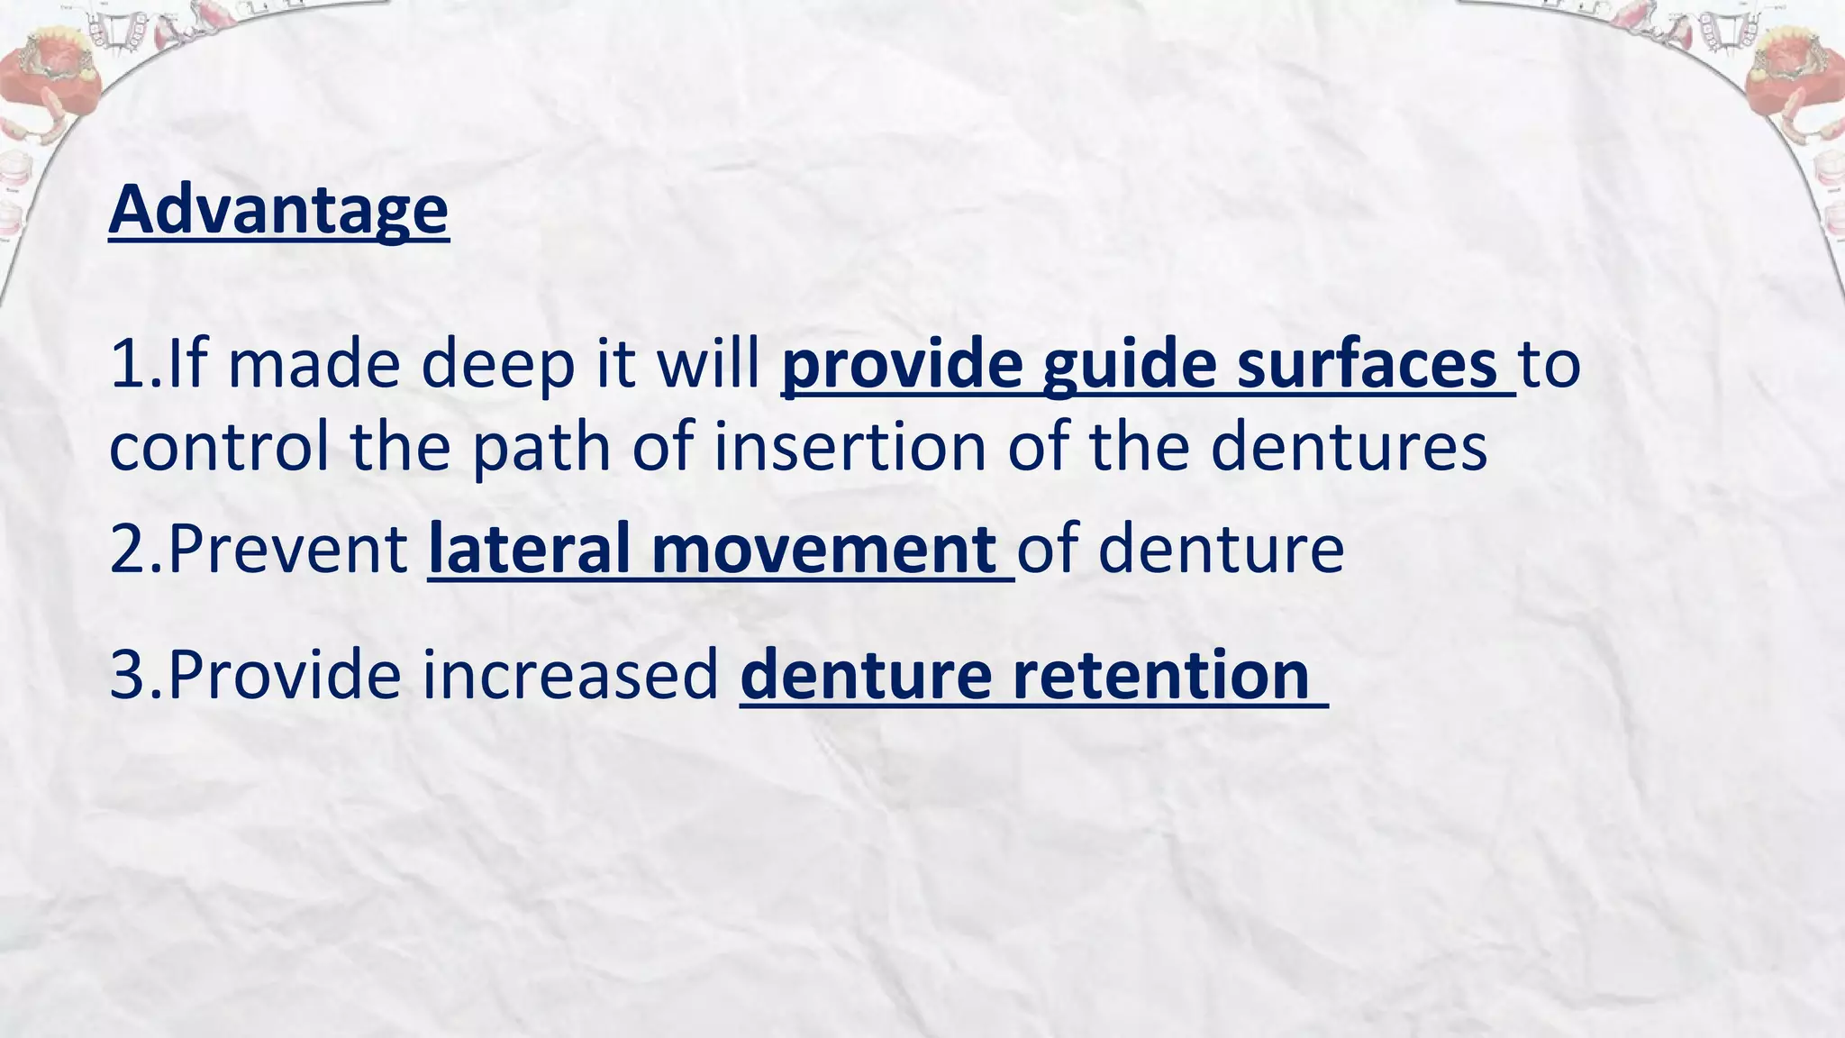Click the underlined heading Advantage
278,210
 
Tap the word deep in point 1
497,364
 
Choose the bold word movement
823,549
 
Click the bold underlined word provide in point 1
901,364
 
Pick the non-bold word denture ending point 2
1221,549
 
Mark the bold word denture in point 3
864,674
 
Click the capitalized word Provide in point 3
285,674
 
